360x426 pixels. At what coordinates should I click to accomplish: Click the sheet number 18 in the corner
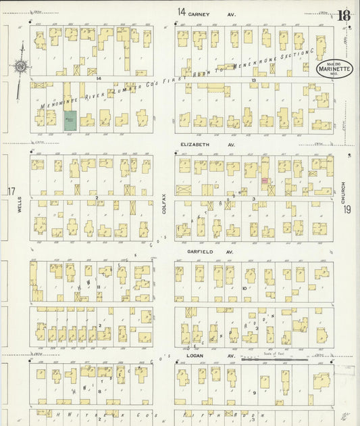[x=344, y=14]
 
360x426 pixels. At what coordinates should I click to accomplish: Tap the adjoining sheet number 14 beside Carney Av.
[x=181, y=11]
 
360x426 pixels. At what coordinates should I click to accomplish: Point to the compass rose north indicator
[x=20, y=66]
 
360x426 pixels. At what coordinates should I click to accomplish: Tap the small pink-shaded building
[x=263, y=181]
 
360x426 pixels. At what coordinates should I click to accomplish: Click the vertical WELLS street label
[x=20, y=213]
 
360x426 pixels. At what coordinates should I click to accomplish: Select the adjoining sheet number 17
[x=11, y=192]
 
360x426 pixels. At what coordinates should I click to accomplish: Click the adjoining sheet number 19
[x=346, y=210]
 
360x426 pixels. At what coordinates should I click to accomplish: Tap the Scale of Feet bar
[x=274, y=360]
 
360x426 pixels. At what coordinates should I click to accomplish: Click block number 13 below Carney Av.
[x=253, y=80]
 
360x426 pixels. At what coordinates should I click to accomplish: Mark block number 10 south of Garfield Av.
[x=245, y=288]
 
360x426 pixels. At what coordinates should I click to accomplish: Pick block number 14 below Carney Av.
[x=98, y=79]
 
